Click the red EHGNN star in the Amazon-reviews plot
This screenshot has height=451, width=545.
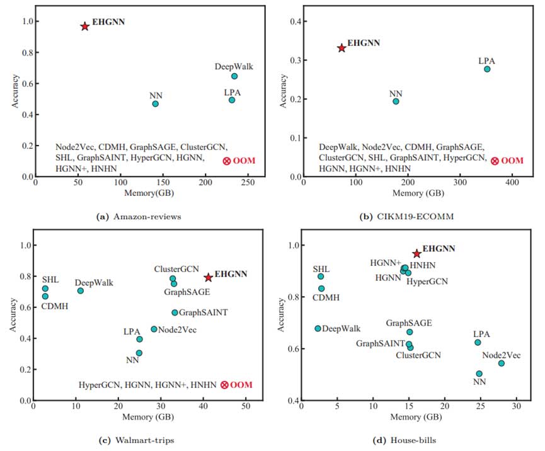(x=84, y=26)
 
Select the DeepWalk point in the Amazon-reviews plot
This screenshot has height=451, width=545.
(x=234, y=76)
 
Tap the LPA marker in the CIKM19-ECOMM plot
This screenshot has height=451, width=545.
(x=487, y=69)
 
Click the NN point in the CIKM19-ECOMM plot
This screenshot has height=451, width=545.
(x=396, y=101)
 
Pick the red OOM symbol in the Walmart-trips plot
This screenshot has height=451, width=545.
(x=224, y=384)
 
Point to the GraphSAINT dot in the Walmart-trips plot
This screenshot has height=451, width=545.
(x=175, y=312)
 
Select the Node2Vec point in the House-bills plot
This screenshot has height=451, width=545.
(x=502, y=363)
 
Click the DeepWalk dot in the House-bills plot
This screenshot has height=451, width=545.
(x=318, y=328)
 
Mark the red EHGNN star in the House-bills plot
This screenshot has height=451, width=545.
(x=416, y=253)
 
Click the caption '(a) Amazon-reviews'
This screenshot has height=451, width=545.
(x=138, y=217)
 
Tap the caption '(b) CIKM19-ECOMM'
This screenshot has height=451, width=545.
(x=408, y=217)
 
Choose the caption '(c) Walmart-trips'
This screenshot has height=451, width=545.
(x=138, y=439)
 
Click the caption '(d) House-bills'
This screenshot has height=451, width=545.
(x=408, y=439)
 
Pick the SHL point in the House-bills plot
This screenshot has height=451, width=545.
(x=321, y=277)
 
